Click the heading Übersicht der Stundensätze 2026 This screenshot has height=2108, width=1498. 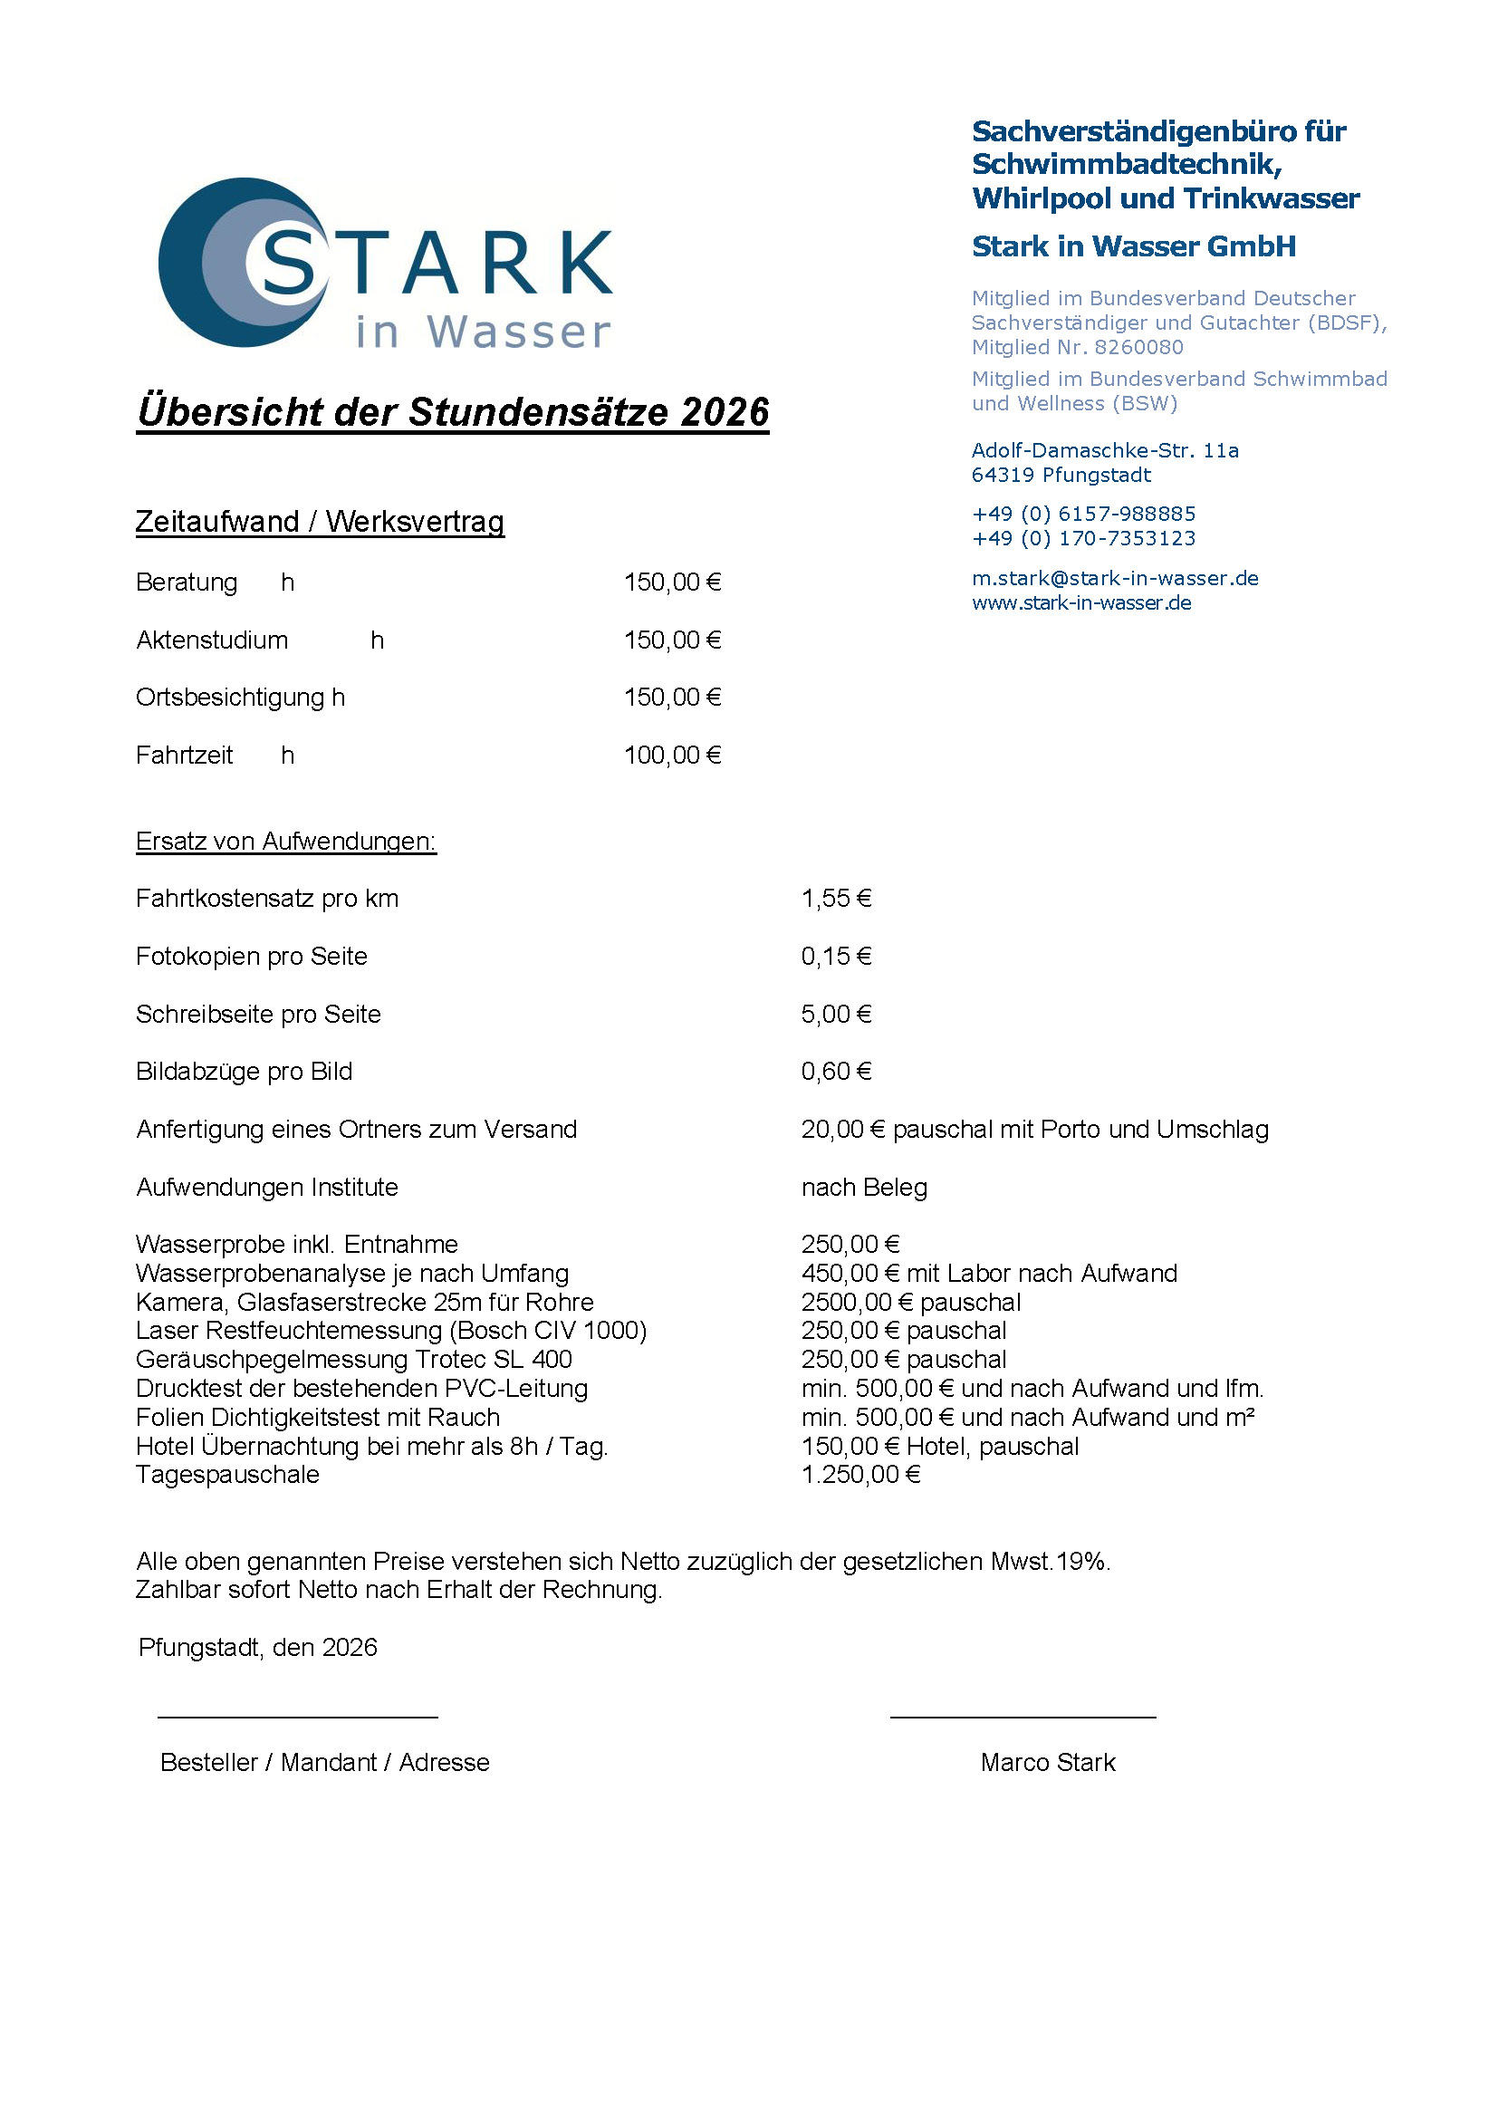pos(452,412)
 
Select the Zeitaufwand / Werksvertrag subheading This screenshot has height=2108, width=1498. pos(319,522)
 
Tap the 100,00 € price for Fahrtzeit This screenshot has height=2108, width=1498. pos(672,756)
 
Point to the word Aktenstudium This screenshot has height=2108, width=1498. pos(211,640)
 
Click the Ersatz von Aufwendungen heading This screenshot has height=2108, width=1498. pos(285,842)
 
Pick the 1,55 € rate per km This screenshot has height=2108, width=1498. pos(836,899)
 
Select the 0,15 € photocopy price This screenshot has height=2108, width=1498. pos(836,957)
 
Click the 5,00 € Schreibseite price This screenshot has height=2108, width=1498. pos(836,1015)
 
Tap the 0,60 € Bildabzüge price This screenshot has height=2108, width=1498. pos(836,1072)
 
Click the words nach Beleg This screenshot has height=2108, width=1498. pos(864,1188)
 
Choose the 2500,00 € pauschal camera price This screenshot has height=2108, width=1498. pos(910,1303)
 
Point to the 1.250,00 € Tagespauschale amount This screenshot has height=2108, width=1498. pos(860,1475)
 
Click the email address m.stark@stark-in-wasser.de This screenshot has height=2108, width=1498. pos(1114,579)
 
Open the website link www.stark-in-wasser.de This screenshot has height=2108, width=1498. pos(1081,603)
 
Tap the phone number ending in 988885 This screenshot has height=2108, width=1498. pos(1083,514)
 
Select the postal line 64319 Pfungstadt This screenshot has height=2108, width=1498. pos(1061,475)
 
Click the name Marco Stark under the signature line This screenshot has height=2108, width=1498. pos(1048,1763)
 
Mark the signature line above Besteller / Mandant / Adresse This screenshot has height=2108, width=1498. pos(297,1718)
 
